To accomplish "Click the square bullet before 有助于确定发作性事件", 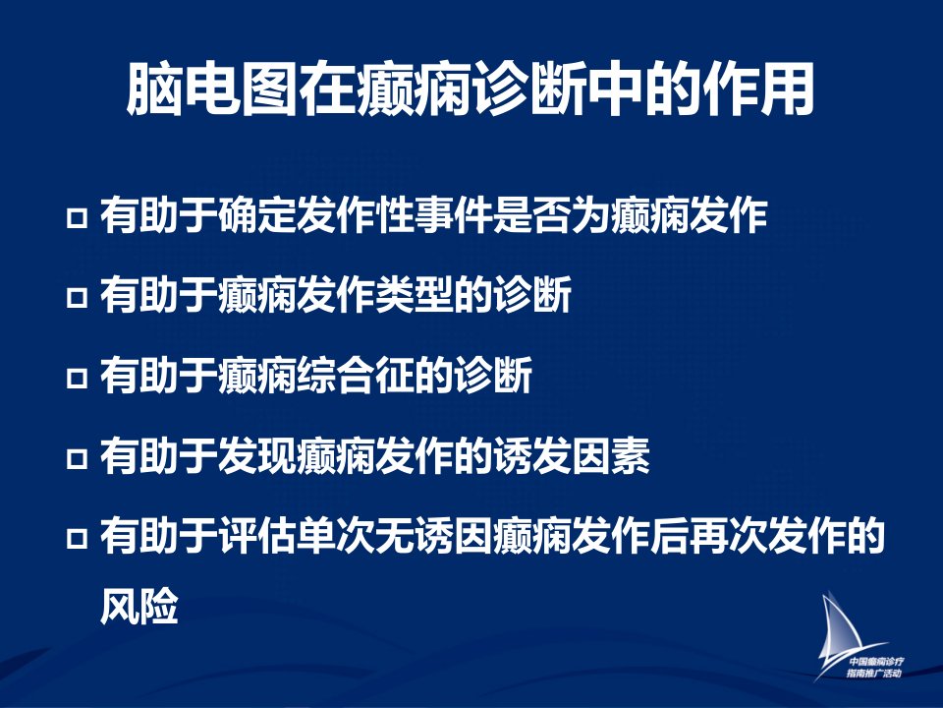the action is tap(77, 217).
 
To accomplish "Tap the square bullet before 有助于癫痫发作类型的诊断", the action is tap(77, 297).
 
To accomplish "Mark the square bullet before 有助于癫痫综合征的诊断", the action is tap(77, 377).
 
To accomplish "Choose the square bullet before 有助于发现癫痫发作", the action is tap(77, 457).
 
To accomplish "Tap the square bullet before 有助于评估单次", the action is tap(77, 537).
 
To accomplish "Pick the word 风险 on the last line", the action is tap(139, 605).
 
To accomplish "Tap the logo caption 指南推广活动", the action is tap(874, 673).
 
